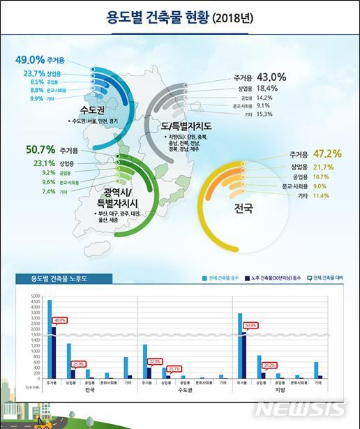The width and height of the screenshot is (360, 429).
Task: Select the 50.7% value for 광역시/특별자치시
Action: (x=40, y=149)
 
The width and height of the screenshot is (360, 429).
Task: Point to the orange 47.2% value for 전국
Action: (x=327, y=154)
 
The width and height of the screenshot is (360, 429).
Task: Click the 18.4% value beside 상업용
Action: (x=269, y=89)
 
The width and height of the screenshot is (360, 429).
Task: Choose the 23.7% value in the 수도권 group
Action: (x=33, y=73)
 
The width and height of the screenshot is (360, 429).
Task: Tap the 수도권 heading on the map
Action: (x=93, y=110)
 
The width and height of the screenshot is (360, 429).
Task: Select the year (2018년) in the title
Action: (x=239, y=15)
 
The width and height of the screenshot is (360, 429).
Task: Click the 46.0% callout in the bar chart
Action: (x=59, y=320)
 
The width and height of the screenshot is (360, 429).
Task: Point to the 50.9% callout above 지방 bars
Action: (x=250, y=325)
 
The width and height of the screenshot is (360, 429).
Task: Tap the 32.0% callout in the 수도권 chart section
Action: (x=155, y=361)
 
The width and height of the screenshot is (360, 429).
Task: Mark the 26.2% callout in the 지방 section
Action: (x=270, y=364)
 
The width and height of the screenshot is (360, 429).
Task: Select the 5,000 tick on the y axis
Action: (x=37, y=297)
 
